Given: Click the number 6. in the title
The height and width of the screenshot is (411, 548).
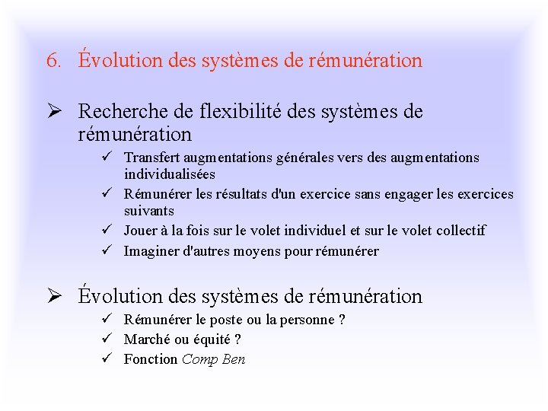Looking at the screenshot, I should (x=54, y=61).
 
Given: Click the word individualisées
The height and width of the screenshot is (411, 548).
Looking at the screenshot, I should (x=169, y=174).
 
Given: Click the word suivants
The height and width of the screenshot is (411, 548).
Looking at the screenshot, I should (x=149, y=211).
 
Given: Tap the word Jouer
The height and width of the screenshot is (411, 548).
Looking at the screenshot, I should (x=141, y=231).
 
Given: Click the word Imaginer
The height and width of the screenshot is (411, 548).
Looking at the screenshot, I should (x=151, y=250).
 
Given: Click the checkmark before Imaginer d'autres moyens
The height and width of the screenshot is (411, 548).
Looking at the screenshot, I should (x=111, y=250).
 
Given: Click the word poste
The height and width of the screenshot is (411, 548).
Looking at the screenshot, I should (x=225, y=320).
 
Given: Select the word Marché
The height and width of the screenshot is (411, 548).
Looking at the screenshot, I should (x=146, y=339).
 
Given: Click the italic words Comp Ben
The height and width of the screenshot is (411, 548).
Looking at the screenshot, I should (x=214, y=359).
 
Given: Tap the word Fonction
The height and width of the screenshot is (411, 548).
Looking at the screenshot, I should (x=151, y=359).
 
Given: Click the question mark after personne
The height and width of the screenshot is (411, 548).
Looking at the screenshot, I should (x=342, y=320).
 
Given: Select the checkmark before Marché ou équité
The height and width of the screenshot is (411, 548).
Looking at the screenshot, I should (x=111, y=339).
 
